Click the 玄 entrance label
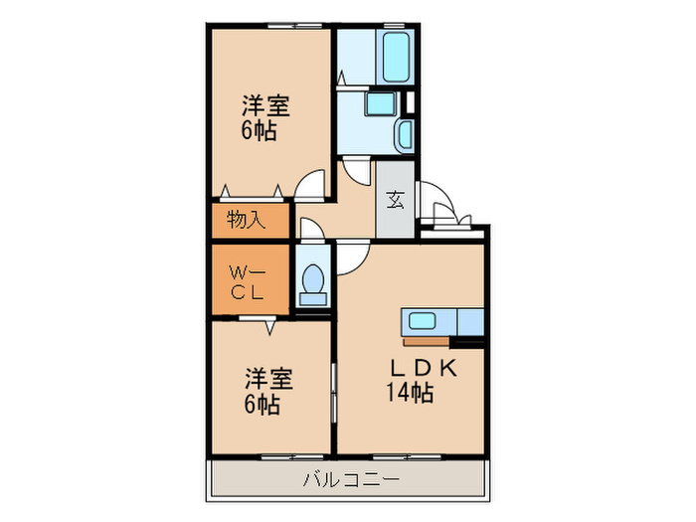coord(395,200)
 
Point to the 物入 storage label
coord(246,220)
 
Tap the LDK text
coord(422,368)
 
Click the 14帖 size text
coord(410,393)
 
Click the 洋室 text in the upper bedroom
coord(267,105)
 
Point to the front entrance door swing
coord(437,203)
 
